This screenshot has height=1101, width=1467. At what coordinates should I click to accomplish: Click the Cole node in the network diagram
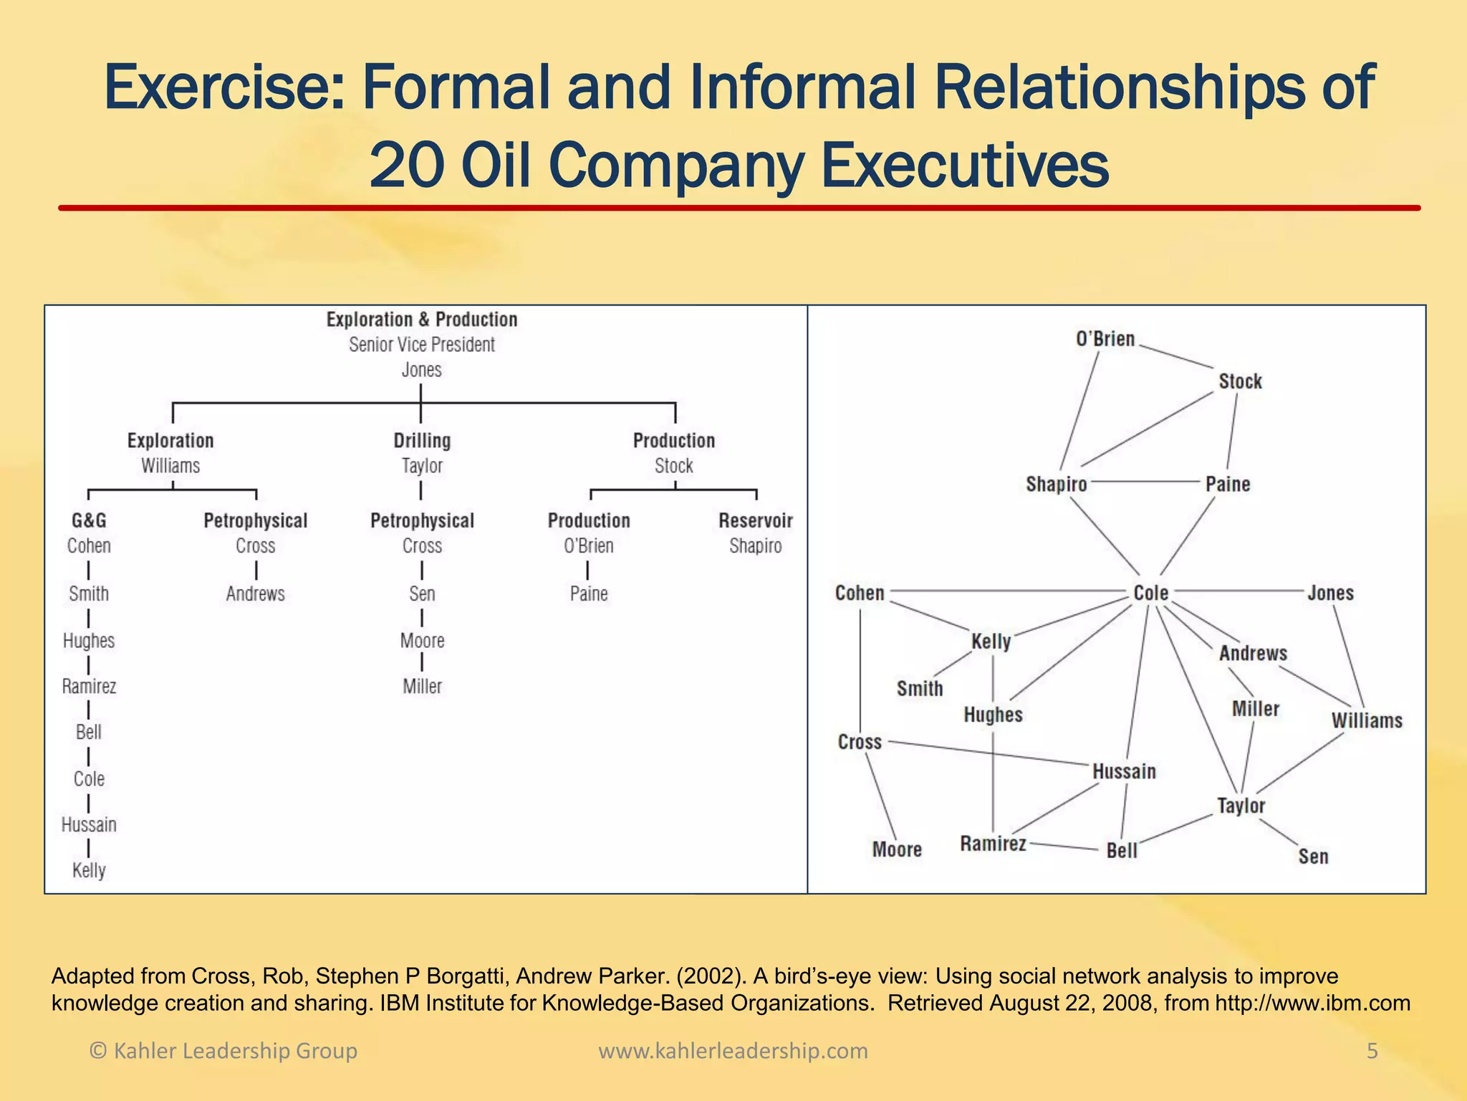pos(1150,594)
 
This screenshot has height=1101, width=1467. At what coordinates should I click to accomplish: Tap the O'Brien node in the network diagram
pos(1105,339)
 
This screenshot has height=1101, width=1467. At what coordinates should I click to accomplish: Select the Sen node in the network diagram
pos(1313,857)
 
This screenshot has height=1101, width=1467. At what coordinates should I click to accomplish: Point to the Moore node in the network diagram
pos(897,850)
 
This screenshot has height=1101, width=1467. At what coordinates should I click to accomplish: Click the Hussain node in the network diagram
pos(1124,772)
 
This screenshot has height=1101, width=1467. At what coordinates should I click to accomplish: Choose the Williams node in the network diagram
pos(1367,720)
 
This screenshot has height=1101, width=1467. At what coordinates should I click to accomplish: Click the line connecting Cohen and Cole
pos(1003,592)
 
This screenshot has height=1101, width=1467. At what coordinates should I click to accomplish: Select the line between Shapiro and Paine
pos(1146,482)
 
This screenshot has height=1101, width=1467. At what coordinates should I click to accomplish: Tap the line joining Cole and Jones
pos(1239,591)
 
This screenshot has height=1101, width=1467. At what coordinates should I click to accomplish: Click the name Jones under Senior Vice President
pos(421,370)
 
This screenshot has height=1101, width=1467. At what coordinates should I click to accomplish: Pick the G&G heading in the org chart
pos(89,521)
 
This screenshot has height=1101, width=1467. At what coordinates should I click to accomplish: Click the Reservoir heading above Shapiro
pos(755,521)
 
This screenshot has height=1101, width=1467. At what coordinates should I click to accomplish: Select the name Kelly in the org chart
pos(89,871)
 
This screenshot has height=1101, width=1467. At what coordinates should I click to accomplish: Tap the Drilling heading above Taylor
pos(422,441)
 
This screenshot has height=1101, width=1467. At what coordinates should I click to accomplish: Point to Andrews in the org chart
pos(255,594)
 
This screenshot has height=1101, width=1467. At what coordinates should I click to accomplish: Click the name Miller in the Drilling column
pos(422,687)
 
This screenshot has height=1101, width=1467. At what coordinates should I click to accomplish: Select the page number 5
pos(1372,1051)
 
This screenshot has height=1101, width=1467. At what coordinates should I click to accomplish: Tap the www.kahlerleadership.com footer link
pos(733,1051)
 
